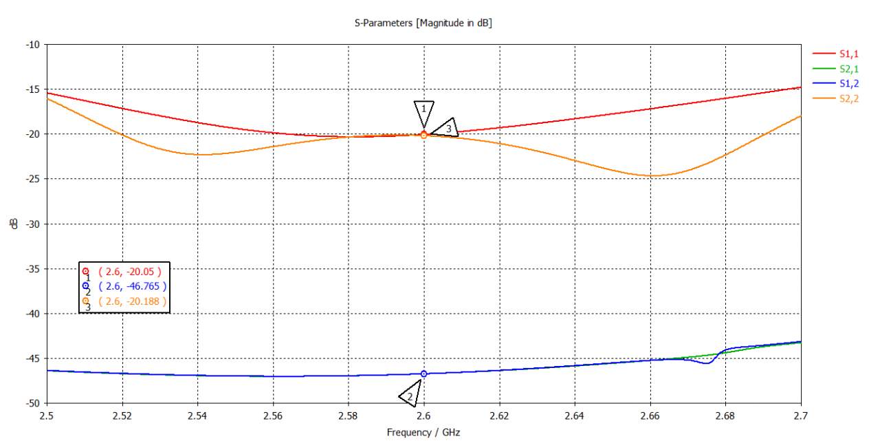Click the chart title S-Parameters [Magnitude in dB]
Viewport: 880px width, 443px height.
[x=422, y=23]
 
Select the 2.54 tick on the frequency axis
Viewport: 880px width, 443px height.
[x=197, y=416]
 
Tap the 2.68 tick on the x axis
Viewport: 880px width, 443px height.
[x=725, y=416]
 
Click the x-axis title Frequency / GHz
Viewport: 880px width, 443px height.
[x=423, y=432]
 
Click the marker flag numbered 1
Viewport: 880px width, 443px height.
[x=424, y=110]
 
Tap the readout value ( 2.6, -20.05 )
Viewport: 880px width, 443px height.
[x=130, y=271]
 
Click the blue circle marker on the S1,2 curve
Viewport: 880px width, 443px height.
[x=423, y=374]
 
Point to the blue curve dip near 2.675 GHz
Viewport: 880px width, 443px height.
[x=707, y=363]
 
